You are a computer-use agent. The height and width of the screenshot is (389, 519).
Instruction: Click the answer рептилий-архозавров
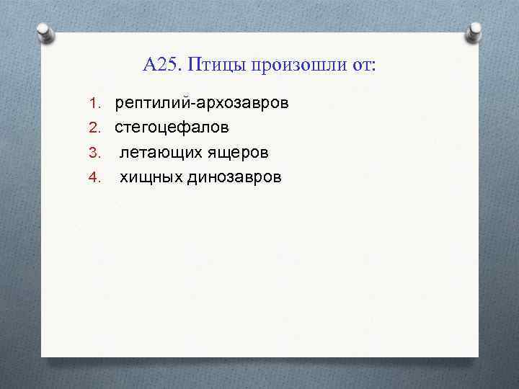click(x=202, y=103)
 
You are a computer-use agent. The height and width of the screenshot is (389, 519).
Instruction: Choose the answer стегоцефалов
click(x=172, y=128)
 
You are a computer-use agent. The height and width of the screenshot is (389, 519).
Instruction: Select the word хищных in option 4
click(x=151, y=178)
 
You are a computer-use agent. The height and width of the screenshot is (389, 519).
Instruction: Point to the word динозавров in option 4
click(x=234, y=178)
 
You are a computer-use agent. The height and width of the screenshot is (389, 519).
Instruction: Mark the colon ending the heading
click(x=373, y=67)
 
